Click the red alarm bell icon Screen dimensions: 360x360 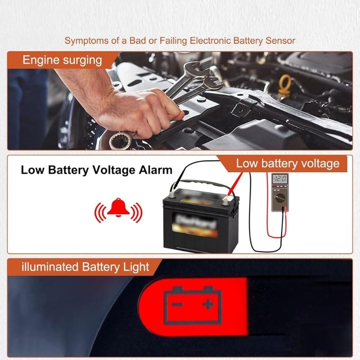tap(117, 209)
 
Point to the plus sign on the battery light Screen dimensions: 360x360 tap(208, 305)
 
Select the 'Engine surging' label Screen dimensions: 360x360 tap(63, 60)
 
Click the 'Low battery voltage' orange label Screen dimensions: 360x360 tap(288, 163)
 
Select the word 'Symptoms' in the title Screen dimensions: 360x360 tap(85, 41)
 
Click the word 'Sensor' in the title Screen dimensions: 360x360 tap(280, 41)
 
